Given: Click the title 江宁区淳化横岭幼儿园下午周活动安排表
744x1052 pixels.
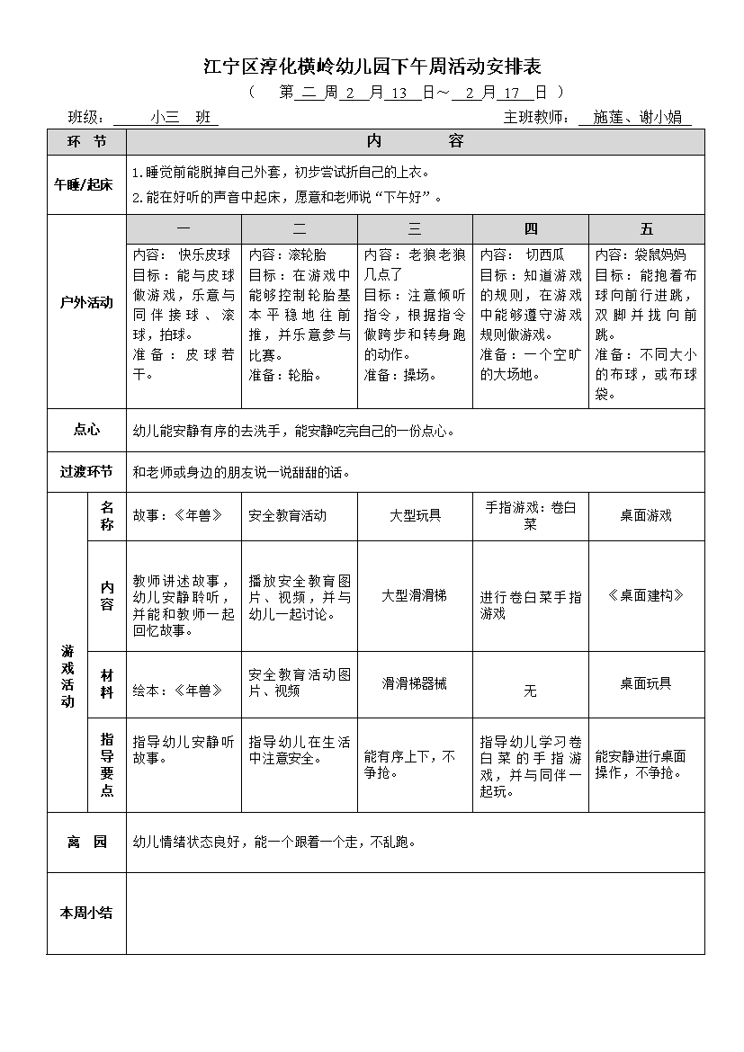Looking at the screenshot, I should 372,66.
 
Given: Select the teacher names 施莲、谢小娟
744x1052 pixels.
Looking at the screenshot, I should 635,117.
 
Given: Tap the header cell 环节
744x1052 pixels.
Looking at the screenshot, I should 86,142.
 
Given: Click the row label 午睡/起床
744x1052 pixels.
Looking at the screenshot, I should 86,185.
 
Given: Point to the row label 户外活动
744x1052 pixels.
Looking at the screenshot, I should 86,302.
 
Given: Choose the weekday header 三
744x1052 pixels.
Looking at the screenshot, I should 415,229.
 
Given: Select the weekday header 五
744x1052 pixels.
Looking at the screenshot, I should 647,229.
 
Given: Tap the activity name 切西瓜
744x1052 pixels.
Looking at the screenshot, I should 544,254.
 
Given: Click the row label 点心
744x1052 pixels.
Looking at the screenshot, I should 86,430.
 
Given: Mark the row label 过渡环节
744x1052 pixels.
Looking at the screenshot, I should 86,471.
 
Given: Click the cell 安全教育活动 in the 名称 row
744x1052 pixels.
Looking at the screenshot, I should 287,515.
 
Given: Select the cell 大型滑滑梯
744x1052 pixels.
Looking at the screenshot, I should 415,595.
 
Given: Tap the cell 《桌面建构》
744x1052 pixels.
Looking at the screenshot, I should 646,595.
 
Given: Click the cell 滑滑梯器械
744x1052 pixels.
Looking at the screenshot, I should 415,683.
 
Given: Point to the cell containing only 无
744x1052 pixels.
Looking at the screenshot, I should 530,691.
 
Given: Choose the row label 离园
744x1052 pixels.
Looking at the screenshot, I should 86,842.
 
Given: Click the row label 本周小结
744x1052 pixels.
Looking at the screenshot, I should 86,913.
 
